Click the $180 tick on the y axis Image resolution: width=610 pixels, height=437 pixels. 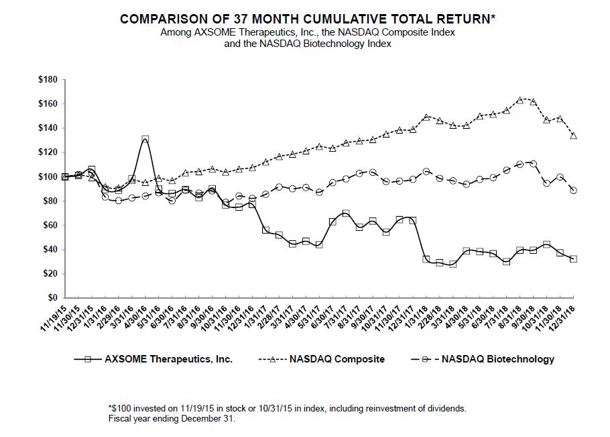(x=49, y=79)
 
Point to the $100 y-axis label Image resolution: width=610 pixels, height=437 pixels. (x=49, y=177)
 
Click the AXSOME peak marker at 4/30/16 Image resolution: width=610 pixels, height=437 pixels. (x=145, y=140)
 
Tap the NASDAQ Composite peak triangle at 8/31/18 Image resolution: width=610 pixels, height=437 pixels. (x=520, y=100)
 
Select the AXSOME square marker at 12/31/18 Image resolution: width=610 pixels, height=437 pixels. (x=573, y=258)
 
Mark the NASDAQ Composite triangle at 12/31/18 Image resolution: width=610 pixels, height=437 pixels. (x=573, y=136)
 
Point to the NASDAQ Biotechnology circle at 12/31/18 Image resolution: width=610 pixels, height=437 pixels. (x=573, y=190)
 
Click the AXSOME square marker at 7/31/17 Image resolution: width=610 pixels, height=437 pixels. (x=345, y=213)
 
